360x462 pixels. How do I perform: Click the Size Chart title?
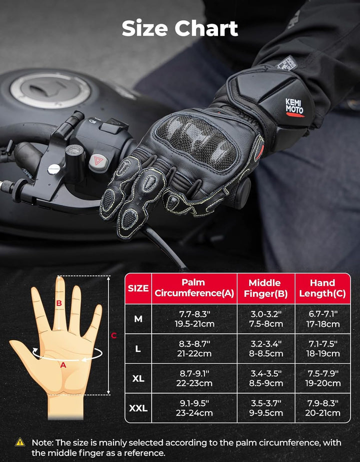(x=180, y=29)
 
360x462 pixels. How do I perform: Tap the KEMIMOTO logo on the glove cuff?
(x=294, y=106)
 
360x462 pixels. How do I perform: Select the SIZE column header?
(x=138, y=288)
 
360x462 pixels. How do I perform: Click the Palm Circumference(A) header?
(x=194, y=288)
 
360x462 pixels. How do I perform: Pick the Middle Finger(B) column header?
(x=265, y=288)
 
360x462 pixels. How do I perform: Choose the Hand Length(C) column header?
(x=322, y=288)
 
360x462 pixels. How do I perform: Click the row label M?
(x=138, y=318)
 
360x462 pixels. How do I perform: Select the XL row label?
(x=138, y=378)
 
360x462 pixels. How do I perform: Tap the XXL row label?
(x=138, y=408)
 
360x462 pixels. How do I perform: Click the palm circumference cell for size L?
(x=194, y=348)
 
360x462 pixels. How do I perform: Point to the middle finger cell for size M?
(x=265, y=318)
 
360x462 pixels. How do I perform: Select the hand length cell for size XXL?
(x=322, y=408)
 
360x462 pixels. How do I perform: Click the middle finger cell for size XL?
(x=265, y=378)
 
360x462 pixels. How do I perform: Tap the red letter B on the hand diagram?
(x=59, y=303)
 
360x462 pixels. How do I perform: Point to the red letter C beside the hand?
(x=113, y=335)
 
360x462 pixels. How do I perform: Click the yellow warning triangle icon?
(x=20, y=442)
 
